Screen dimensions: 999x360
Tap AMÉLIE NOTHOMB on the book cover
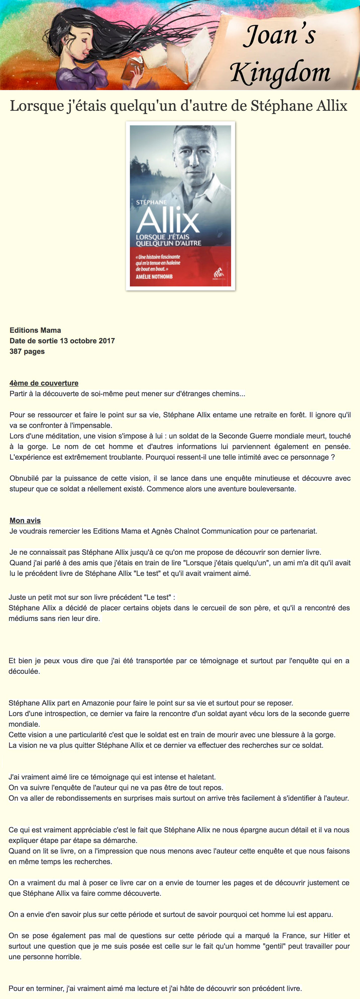pos(154,277)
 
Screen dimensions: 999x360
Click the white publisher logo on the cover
pos(219,273)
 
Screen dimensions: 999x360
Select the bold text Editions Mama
pos(35,330)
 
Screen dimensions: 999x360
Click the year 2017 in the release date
pos(106,341)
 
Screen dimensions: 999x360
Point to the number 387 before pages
pos(16,351)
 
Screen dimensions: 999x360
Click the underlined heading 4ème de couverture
pos(44,383)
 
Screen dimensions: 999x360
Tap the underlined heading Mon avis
pos(25,521)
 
